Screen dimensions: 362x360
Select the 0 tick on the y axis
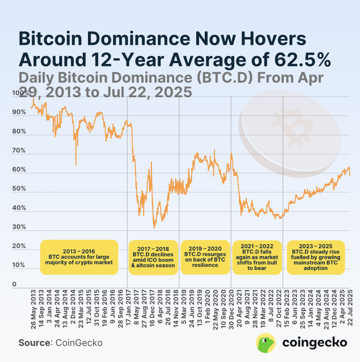click(14, 285)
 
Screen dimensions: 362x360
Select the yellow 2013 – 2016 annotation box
click(79, 257)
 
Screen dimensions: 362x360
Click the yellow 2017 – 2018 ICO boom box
click(153, 257)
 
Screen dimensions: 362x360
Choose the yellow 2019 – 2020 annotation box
click(205, 257)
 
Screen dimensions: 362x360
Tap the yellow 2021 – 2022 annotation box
click(257, 257)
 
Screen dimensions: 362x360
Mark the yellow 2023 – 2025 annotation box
click(315, 257)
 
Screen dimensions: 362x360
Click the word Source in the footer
click(34, 343)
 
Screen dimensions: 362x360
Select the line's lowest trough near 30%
click(154, 227)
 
